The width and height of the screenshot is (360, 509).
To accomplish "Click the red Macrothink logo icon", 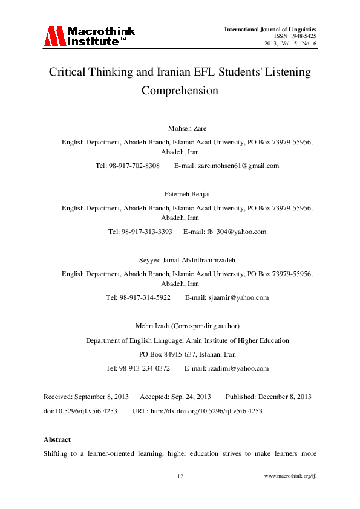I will coord(54,36).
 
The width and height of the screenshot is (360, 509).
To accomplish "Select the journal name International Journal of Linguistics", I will coord(270,29).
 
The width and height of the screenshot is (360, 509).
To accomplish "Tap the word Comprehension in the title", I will coord(179,91).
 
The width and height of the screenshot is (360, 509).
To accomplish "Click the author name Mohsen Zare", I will coord(180,128).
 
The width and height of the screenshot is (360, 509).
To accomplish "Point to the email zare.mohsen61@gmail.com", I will coord(226,166).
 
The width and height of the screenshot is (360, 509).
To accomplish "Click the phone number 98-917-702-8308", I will coord(134,166).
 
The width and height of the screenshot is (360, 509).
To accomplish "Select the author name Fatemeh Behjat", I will coord(180,194).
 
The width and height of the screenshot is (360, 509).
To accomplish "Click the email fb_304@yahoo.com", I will coord(226,232).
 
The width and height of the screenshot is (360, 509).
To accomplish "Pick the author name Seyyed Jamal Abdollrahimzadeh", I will coord(180,260).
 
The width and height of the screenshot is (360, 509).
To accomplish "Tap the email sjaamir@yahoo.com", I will coord(226,297).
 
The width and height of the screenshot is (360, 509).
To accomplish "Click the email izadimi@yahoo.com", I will coord(226,368).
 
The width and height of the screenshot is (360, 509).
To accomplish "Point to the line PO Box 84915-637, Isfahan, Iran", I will coord(180,354).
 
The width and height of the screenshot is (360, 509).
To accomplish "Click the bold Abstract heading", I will coord(57,439).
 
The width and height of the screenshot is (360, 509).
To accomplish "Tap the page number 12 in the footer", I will coord(180,476).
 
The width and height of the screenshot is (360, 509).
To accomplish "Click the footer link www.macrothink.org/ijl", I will coord(291,476).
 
